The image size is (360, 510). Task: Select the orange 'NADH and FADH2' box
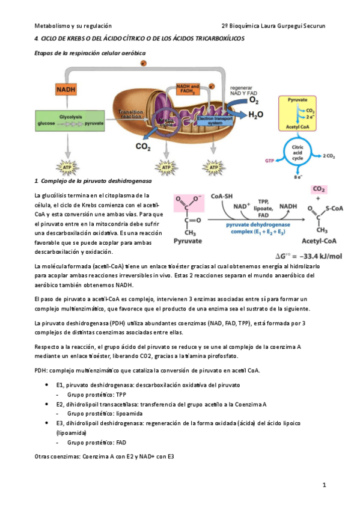tap(187, 90)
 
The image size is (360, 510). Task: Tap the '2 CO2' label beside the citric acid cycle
tap(329, 156)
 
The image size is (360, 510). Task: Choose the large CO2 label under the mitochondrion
tap(143, 146)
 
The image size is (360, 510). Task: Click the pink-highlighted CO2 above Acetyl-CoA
tap(319, 189)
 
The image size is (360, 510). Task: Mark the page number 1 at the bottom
tap(323, 485)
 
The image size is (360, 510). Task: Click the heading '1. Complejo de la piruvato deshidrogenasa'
tap(93, 181)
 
